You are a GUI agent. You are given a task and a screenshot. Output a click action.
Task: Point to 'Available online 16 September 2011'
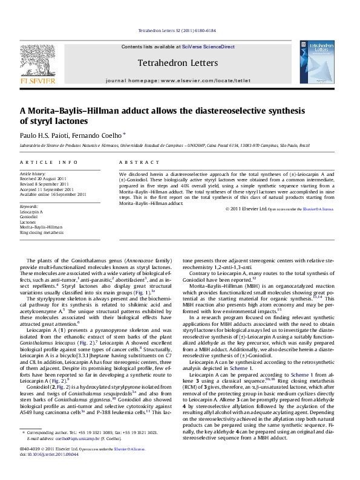click(x=53, y=194)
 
